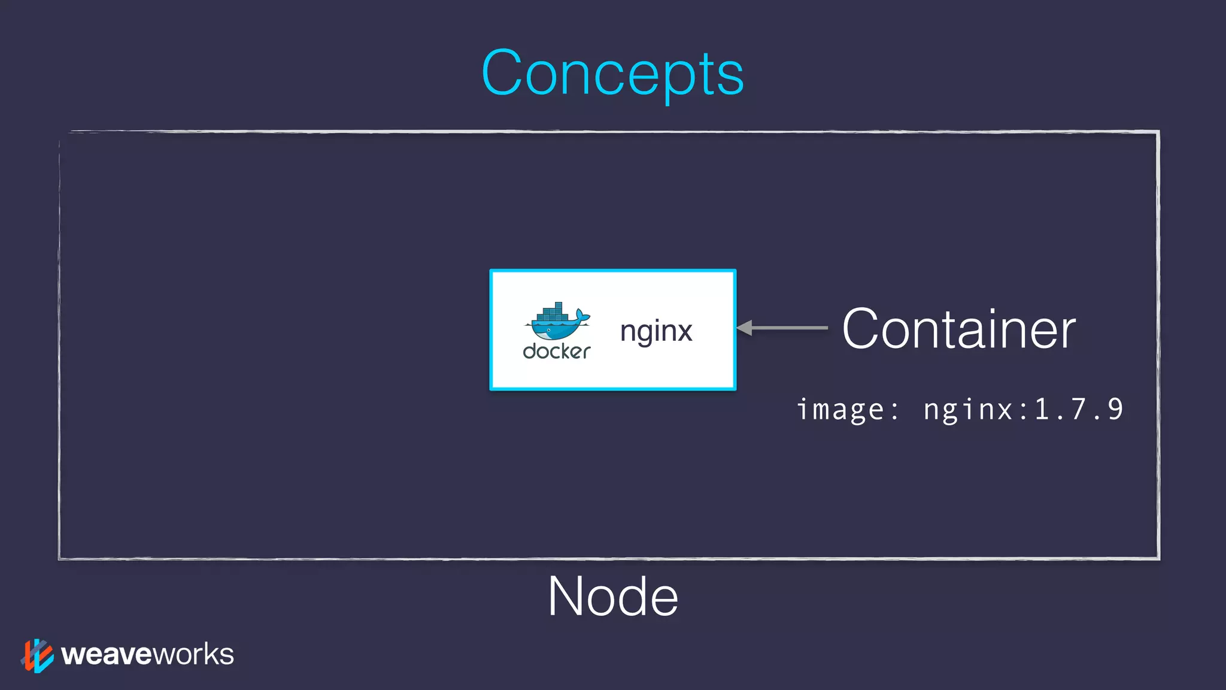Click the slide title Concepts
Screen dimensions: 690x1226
(x=612, y=73)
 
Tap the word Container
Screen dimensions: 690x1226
(x=958, y=329)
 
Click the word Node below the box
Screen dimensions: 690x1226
(x=612, y=597)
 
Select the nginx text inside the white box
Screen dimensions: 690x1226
(x=656, y=331)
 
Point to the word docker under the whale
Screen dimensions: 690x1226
(x=556, y=351)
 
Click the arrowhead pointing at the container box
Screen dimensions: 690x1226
(x=744, y=328)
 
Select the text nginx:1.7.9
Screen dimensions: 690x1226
(x=1023, y=410)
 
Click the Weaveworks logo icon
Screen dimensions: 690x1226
(x=37, y=655)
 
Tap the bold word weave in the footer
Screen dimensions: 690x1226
(x=107, y=655)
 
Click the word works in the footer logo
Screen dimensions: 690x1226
(x=193, y=655)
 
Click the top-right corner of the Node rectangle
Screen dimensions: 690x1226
(x=1158, y=132)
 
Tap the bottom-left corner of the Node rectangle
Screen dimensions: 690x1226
(x=60, y=558)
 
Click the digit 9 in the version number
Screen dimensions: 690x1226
(x=1115, y=410)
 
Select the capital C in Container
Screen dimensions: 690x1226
(x=861, y=329)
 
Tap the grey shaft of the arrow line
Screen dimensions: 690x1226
(x=790, y=328)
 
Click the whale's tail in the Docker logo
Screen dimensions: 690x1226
(x=582, y=315)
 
